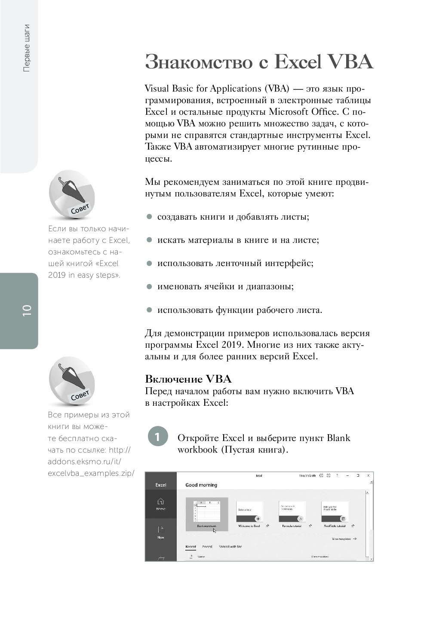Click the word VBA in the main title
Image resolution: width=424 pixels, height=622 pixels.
[350, 62]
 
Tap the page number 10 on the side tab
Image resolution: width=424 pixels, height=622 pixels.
[27, 310]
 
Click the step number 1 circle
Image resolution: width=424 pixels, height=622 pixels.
[157, 437]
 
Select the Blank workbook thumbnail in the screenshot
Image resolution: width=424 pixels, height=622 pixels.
[207, 512]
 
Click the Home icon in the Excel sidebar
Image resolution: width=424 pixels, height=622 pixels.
[160, 503]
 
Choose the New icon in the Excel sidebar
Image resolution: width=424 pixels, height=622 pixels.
[160, 532]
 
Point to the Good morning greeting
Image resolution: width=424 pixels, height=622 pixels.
[201, 485]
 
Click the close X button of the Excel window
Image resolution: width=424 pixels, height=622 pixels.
[368, 475]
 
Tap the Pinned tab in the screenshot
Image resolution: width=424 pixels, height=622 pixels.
[207, 547]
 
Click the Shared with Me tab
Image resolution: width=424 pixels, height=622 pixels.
[230, 547]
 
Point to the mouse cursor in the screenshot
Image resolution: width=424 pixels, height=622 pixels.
[215, 530]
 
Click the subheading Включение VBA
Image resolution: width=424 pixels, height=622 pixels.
[188, 379]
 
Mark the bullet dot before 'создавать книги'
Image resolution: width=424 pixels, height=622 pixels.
[149, 217]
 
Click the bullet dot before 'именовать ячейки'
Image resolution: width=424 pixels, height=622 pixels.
[149, 286]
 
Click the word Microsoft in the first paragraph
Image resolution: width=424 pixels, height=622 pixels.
[289, 112]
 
